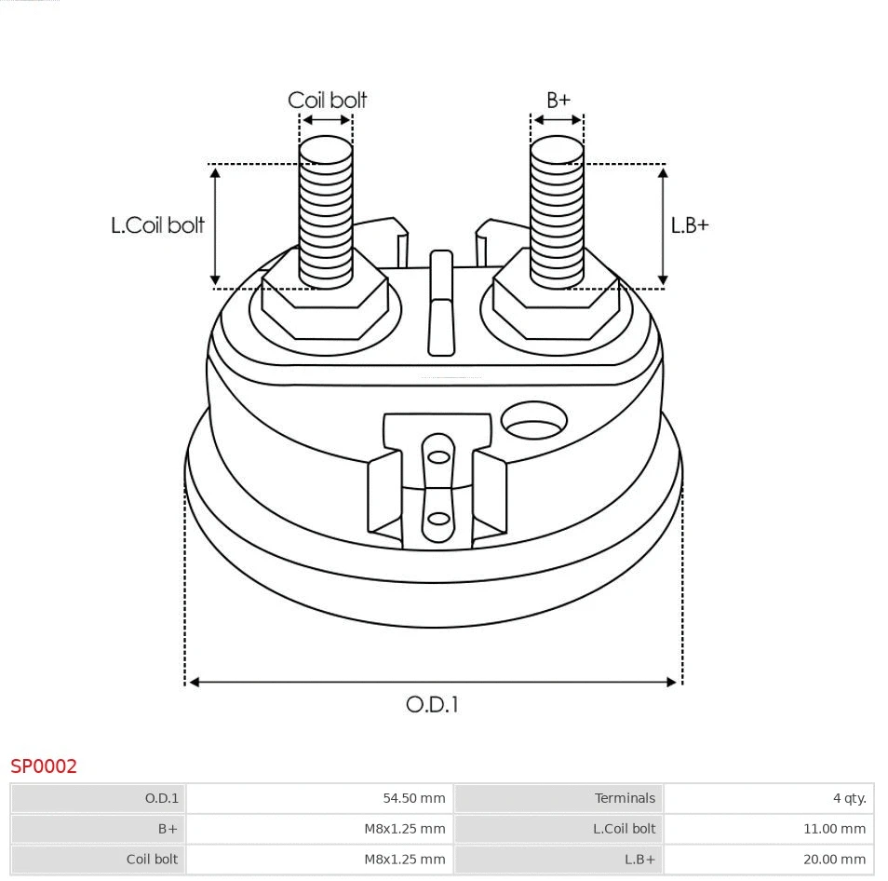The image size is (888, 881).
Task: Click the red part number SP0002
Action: click(x=44, y=766)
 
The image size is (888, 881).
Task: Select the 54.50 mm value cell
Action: click(x=413, y=798)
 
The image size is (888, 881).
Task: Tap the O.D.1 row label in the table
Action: click(x=161, y=798)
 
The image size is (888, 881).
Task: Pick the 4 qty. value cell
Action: click(x=849, y=798)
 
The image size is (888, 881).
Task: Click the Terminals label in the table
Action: click(x=625, y=798)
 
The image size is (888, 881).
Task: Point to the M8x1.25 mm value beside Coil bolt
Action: click(x=404, y=860)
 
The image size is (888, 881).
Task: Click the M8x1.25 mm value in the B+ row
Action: click(x=404, y=829)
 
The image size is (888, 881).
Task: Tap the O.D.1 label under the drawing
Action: click(x=432, y=704)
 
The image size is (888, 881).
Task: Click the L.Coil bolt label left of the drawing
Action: click(x=157, y=225)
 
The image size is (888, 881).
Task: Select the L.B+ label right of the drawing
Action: click(x=690, y=225)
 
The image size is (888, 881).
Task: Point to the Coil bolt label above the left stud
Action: click(x=327, y=100)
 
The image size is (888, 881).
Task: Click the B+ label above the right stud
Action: click(x=558, y=100)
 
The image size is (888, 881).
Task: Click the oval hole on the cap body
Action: click(x=533, y=421)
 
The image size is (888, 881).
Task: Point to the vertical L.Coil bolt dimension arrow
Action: click(x=215, y=225)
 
